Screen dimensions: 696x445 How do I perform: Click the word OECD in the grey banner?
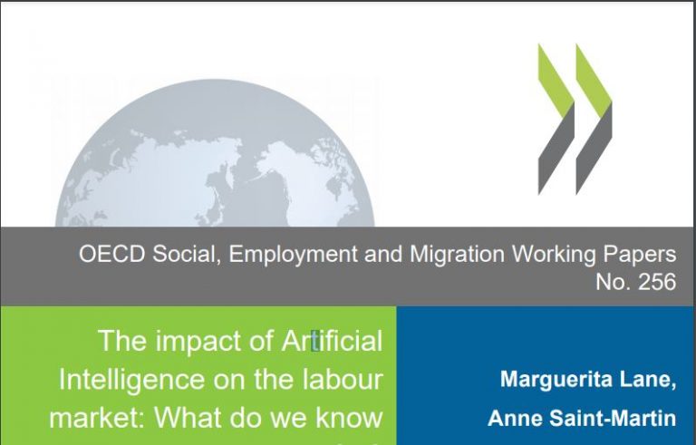[x=111, y=254]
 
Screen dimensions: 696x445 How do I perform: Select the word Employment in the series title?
[x=294, y=255]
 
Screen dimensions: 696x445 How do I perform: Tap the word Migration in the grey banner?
[x=457, y=255]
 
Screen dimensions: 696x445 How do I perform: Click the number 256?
[x=657, y=282]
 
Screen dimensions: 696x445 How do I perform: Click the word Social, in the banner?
[x=187, y=255]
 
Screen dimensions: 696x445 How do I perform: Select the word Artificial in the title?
[x=332, y=341]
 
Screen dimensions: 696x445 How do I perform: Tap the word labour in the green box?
[x=343, y=380]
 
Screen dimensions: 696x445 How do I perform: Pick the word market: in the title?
[x=98, y=418]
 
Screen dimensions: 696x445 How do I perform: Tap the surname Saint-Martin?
[x=613, y=419]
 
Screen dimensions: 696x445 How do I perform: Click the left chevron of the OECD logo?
[x=556, y=119]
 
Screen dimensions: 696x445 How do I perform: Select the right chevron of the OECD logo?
[x=594, y=119]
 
